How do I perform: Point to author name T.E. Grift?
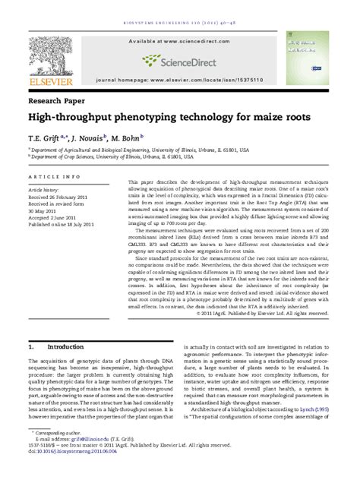click(x=47, y=138)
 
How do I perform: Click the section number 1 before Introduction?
click(x=30, y=346)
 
